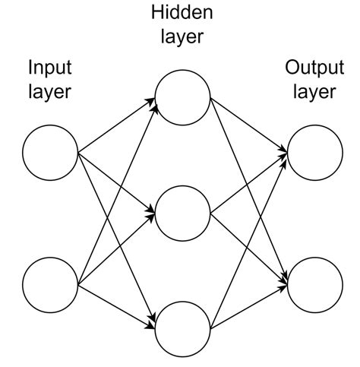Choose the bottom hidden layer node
pos(182,327)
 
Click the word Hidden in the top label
pos(182,13)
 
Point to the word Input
pos(50,68)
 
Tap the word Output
pos(314,68)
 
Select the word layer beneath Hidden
pos(182,36)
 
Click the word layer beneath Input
pos(50,93)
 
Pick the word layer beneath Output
pos(314,93)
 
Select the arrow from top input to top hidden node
pos(114,128)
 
